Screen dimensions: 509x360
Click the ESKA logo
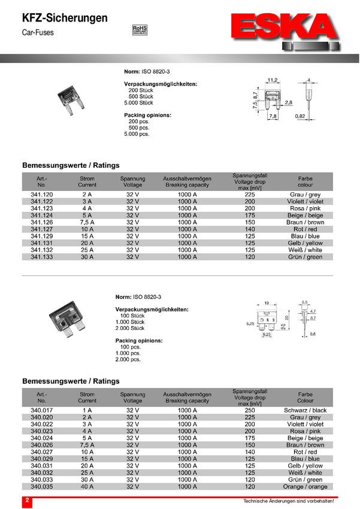tap(286, 30)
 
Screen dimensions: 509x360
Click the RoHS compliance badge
tap(139, 29)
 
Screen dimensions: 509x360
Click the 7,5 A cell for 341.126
tap(87, 222)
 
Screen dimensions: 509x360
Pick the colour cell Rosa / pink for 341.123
tap(305, 208)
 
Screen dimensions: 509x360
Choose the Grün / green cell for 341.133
tap(305, 257)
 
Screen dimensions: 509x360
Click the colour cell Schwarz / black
tap(305, 410)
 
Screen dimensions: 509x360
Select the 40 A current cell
tap(87, 487)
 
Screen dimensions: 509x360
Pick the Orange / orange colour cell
tap(305, 487)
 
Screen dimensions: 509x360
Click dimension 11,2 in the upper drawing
tap(272, 80)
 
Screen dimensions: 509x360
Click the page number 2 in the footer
tap(26, 499)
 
